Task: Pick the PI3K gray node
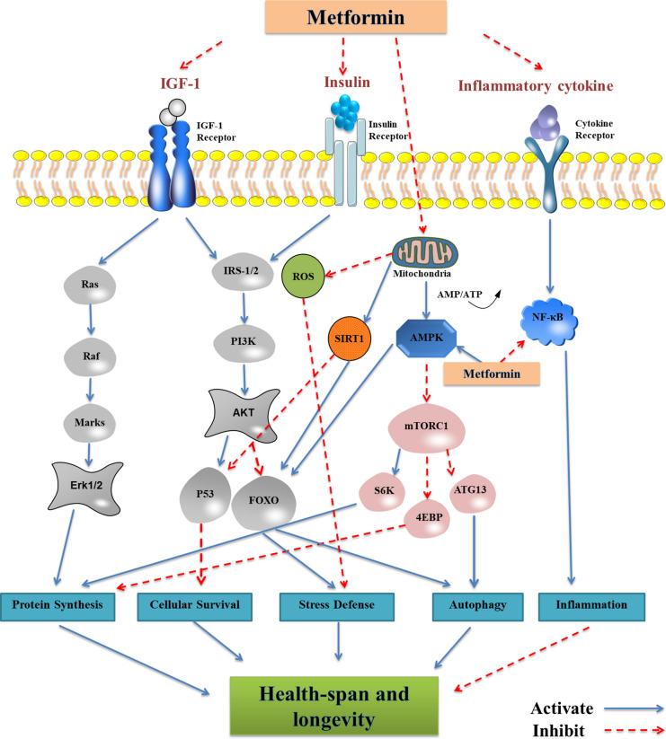pos(232,341)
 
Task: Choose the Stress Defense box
pos(337,606)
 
